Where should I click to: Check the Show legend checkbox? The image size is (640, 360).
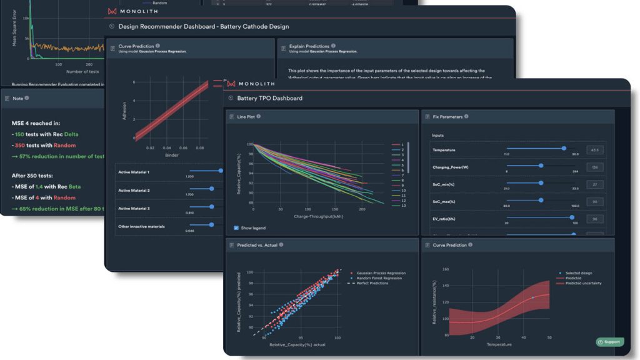point(236,227)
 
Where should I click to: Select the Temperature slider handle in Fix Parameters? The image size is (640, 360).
point(564,148)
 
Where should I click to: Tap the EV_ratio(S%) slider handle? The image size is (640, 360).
point(571,217)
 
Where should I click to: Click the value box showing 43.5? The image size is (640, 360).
point(595,150)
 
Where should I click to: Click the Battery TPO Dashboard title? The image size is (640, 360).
point(269,98)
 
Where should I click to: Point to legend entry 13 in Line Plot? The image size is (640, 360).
point(402,206)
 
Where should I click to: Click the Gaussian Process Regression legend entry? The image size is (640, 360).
point(377,273)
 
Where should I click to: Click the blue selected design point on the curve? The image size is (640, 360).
point(533,298)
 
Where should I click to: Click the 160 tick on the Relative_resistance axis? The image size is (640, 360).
point(445,269)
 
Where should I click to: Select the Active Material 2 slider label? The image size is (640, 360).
point(136,190)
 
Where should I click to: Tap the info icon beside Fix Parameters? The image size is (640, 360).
point(466,116)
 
